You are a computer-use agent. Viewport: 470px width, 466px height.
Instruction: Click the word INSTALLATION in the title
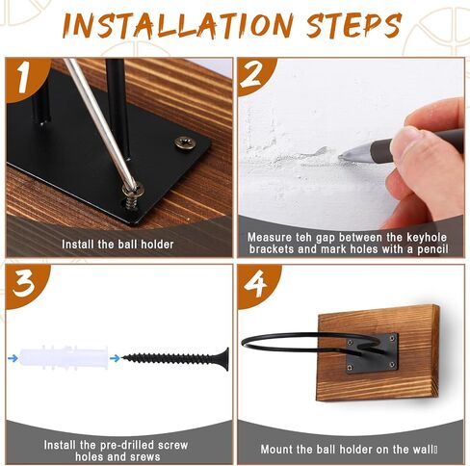click(177, 25)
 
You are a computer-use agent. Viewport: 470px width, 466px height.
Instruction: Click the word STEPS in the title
click(353, 25)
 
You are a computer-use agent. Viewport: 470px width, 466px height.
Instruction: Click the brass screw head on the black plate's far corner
click(185, 142)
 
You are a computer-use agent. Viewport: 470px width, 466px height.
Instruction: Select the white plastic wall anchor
click(64, 357)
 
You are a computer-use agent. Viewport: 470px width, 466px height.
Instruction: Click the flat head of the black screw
click(224, 359)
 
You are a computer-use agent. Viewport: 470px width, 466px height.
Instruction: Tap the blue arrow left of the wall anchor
click(13, 358)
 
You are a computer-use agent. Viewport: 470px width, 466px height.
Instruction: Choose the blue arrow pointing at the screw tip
click(115, 358)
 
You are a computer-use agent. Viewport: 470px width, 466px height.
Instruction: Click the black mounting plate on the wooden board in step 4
click(372, 353)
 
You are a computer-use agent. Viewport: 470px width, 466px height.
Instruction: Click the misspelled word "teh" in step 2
click(300, 238)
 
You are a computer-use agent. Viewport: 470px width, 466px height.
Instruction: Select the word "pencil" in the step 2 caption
click(432, 249)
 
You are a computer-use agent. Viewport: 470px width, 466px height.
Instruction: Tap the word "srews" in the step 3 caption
click(145, 456)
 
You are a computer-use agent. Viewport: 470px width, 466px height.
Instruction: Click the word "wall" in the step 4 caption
click(423, 449)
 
